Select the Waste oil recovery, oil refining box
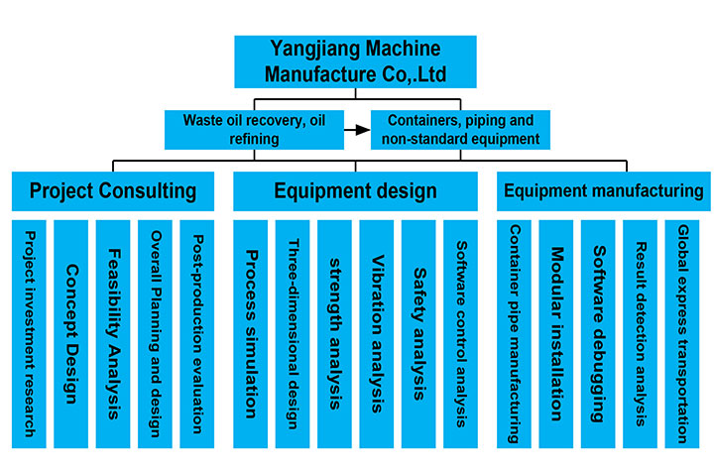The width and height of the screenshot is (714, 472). click(256, 129)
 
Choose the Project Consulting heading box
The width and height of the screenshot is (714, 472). click(113, 190)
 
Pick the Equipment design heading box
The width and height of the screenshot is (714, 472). click(355, 190)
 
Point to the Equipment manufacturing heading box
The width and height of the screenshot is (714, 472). click(603, 190)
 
